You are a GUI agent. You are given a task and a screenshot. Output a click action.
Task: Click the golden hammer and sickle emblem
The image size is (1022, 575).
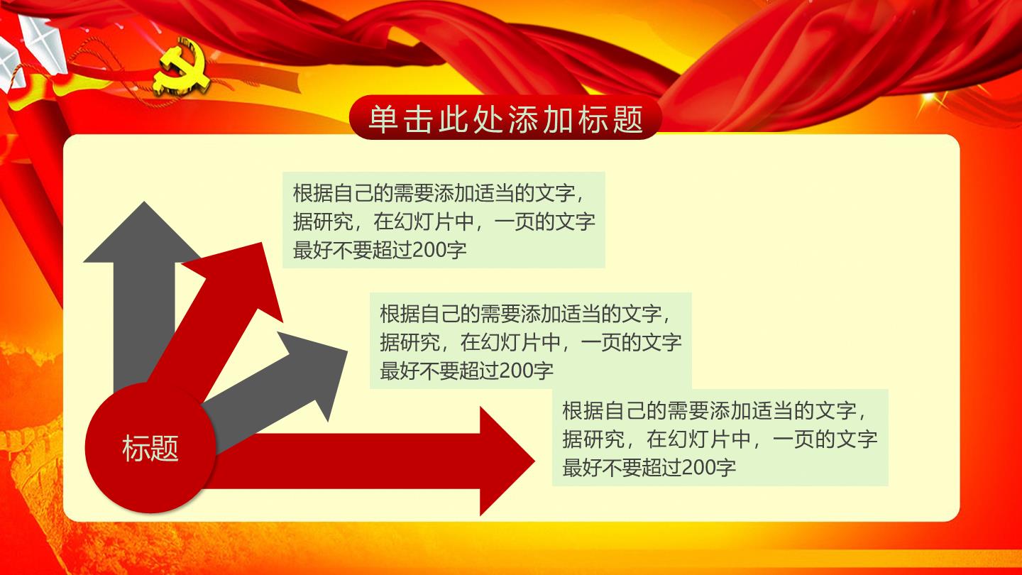tap(181, 67)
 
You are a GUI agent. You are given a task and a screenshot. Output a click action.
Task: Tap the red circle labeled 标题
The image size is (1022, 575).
tap(150, 447)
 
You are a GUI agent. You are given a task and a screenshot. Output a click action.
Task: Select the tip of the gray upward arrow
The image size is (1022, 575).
tap(144, 202)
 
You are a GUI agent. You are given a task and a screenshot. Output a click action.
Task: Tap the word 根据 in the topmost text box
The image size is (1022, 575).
tap(313, 193)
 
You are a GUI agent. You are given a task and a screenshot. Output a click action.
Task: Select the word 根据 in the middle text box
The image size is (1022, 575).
tap(400, 314)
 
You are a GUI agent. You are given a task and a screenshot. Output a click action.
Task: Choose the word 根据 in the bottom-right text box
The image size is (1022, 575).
tap(582, 410)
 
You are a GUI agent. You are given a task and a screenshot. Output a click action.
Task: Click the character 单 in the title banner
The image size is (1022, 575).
tap(383, 119)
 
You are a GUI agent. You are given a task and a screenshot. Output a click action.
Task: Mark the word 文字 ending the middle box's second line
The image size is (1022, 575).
tap(661, 342)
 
